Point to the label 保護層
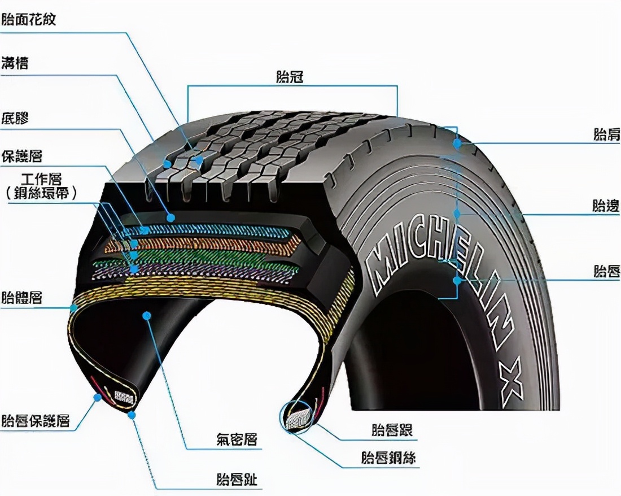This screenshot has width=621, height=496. click(22, 155)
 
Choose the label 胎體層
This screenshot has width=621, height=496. click(22, 297)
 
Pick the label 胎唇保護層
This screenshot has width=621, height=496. click(36, 421)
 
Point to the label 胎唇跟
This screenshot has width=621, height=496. click(392, 430)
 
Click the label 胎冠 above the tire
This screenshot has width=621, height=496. click(290, 77)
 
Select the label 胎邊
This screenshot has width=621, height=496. click(606, 206)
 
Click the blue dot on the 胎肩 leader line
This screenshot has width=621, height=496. click(457, 144)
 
